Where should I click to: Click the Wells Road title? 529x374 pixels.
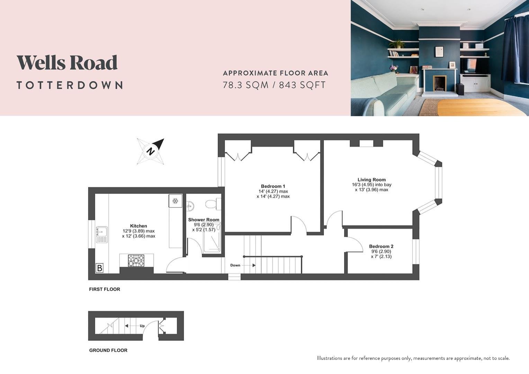(67, 62)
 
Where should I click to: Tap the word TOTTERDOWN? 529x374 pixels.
(70, 85)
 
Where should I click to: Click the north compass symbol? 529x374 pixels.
(151, 151)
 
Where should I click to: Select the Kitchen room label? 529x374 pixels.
(138, 226)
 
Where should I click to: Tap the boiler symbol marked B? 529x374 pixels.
(99, 268)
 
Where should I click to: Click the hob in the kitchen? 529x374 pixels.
(136, 260)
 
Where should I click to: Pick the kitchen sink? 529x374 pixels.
(102, 235)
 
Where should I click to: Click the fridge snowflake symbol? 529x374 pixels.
(175, 201)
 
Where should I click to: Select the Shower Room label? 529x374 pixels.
(204, 220)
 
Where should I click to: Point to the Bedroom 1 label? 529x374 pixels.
(273, 186)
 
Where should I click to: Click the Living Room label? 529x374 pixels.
(371, 180)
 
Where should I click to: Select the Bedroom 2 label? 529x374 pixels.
(381, 246)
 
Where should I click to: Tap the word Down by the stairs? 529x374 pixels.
(235, 265)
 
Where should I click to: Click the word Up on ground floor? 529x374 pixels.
(142, 326)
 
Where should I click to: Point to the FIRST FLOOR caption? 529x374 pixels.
(105, 289)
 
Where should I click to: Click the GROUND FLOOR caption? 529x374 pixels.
(108, 350)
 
